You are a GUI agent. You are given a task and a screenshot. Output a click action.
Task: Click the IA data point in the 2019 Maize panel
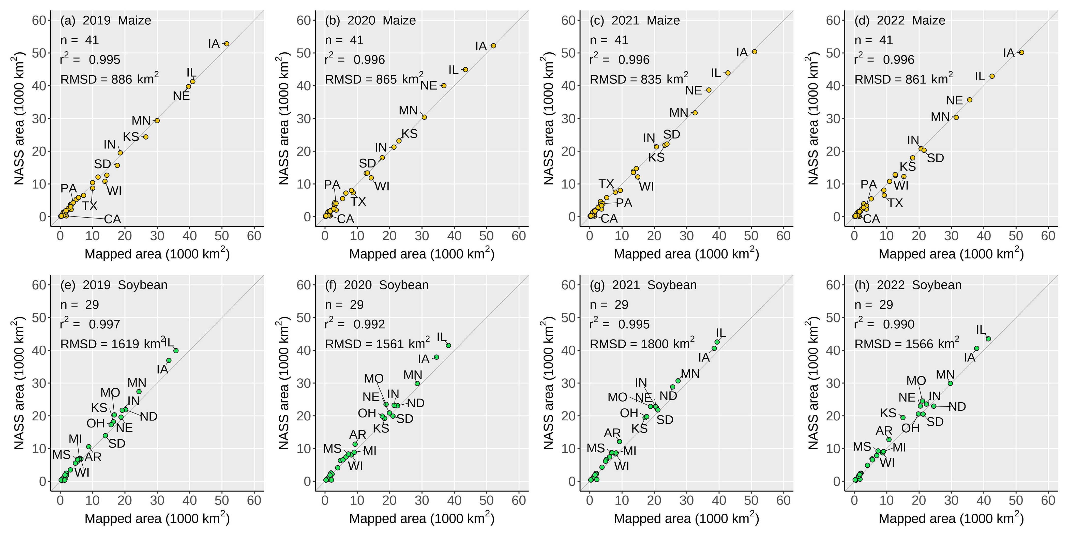pyautogui.click(x=227, y=43)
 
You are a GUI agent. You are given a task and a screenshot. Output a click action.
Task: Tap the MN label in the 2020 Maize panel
pyautogui.click(x=408, y=110)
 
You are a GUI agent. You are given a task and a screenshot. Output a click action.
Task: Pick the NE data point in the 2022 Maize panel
pyautogui.click(x=969, y=100)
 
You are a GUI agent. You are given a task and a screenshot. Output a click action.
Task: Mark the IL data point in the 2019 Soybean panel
pyautogui.click(x=176, y=350)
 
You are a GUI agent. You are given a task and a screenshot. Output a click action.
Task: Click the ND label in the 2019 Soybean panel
pyautogui.click(x=148, y=417)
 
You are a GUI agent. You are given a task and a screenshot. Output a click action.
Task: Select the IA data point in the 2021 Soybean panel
pyautogui.click(x=714, y=348)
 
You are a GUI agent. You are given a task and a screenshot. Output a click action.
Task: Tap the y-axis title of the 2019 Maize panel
pyautogui.click(x=19, y=118)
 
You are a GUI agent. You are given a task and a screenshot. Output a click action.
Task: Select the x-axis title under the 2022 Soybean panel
pyautogui.click(x=951, y=518)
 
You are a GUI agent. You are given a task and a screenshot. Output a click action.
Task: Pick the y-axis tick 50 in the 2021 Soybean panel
pyautogui.click(x=568, y=317)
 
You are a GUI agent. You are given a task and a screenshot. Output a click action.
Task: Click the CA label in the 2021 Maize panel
pyautogui.click(x=609, y=218)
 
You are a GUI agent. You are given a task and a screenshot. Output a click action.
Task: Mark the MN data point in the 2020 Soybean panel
pyautogui.click(x=417, y=383)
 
